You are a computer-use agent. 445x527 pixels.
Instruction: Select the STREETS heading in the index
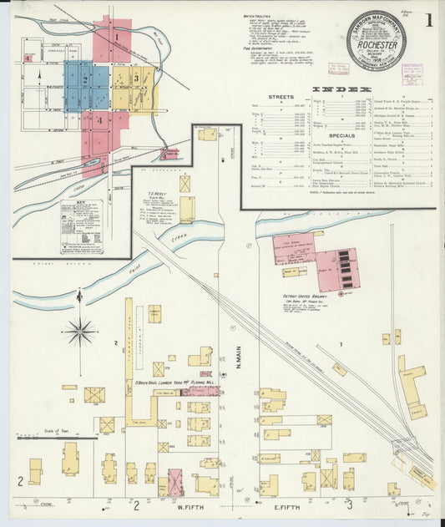pyautogui.click(x=281, y=98)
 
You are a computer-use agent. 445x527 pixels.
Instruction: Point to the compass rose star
pyautogui.click(x=80, y=332)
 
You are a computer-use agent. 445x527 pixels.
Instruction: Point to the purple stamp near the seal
pyautogui.click(x=412, y=73)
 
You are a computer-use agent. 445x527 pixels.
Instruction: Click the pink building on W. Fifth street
pyautogui.click(x=174, y=481)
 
